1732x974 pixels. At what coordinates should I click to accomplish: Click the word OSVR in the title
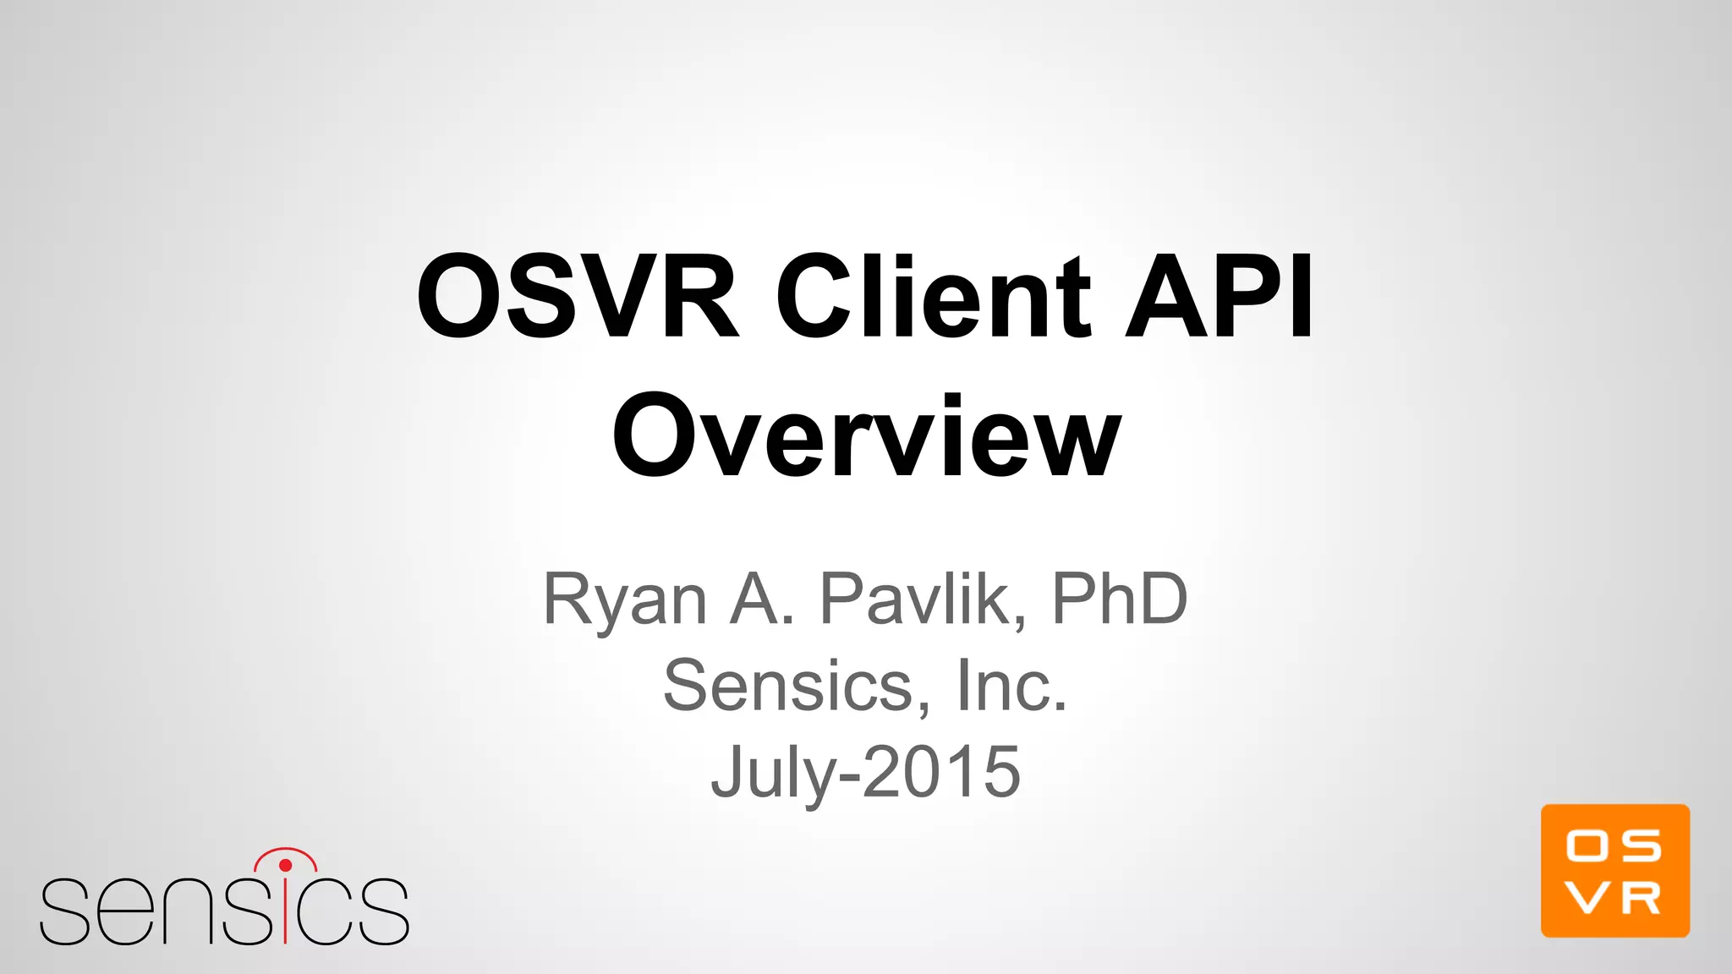[578, 298]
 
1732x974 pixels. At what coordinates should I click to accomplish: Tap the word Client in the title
[934, 298]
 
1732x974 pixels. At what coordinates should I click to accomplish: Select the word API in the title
[1220, 298]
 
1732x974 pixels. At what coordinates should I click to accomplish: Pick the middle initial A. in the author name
[762, 599]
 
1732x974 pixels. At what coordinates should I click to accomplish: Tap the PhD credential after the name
[1119, 599]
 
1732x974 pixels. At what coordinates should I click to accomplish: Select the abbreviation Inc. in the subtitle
[1011, 686]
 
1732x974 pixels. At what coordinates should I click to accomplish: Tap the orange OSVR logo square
[1614, 870]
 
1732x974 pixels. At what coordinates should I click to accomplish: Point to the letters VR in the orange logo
[1614, 900]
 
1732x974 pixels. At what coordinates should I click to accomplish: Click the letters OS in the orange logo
[1614, 845]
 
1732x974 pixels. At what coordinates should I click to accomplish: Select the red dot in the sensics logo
[285, 865]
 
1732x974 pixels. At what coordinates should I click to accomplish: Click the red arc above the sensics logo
[285, 850]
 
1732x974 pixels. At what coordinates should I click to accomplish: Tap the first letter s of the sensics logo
[64, 912]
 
